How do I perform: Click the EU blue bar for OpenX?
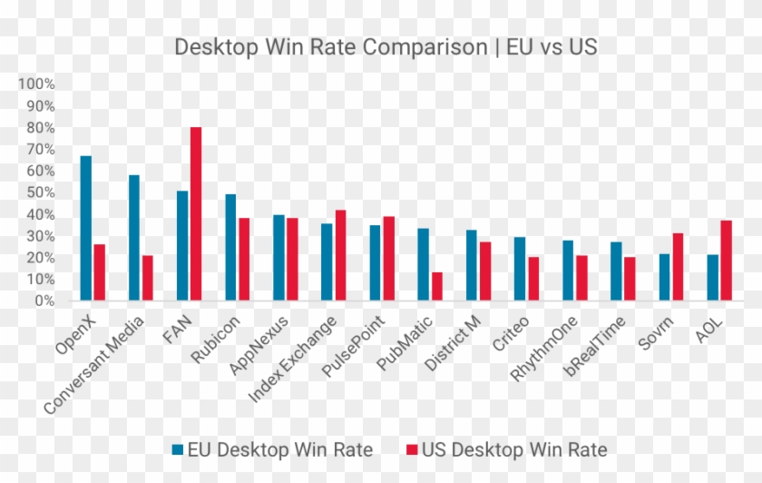point(86,228)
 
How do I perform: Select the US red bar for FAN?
point(196,213)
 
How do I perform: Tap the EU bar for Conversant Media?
point(134,237)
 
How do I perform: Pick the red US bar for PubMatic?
point(437,286)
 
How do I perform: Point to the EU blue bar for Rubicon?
point(230,247)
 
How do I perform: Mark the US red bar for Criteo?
point(533,278)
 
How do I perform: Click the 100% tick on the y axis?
point(37,84)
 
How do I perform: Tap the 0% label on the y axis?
point(44,301)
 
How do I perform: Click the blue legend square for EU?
point(178,449)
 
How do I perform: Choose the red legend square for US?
point(410,449)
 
